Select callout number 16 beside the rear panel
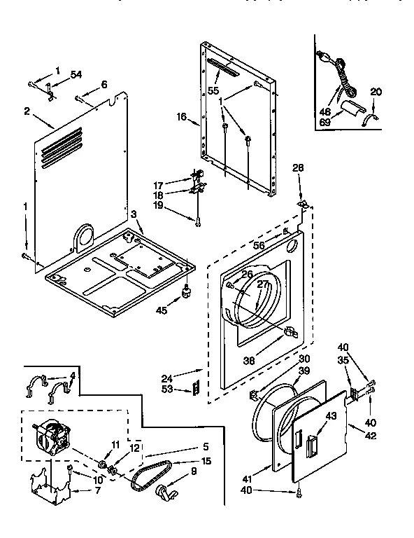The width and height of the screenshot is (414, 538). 182,117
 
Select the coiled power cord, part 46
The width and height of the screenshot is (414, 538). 338,69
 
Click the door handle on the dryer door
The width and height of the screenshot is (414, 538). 310,443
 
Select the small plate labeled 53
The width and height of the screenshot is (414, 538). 197,388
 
